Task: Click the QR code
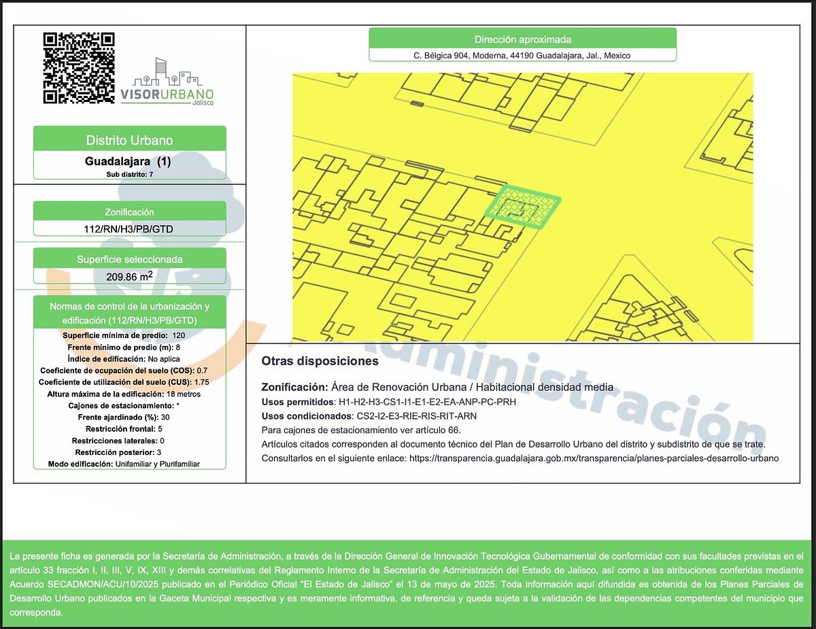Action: (79, 68)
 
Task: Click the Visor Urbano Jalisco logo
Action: (167, 82)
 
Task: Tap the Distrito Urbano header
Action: (130, 140)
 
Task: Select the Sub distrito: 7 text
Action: (130, 174)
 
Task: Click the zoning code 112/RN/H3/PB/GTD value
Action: (129, 229)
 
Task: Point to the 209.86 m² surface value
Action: (130, 276)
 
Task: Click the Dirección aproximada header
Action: (523, 39)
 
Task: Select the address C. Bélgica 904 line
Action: (522, 56)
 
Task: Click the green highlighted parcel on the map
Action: (522, 207)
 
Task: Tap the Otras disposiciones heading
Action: (320, 361)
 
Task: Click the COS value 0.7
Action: (202, 371)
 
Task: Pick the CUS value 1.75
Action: (202, 382)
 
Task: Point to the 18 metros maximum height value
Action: (184, 394)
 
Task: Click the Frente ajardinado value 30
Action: (165, 418)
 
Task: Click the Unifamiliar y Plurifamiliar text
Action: (157, 464)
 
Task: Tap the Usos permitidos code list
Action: (427, 402)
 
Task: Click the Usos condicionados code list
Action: (416, 416)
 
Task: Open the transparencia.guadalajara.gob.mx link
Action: (594, 458)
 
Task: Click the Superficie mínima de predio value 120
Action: (179, 335)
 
